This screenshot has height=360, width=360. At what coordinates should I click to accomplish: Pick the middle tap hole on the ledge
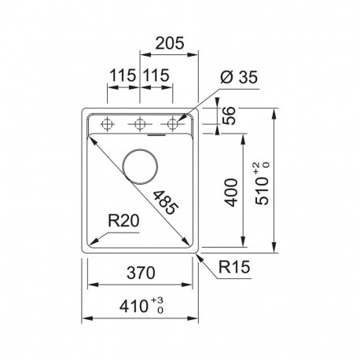tap(141, 123)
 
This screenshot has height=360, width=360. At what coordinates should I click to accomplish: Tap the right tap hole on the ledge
tap(173, 123)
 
